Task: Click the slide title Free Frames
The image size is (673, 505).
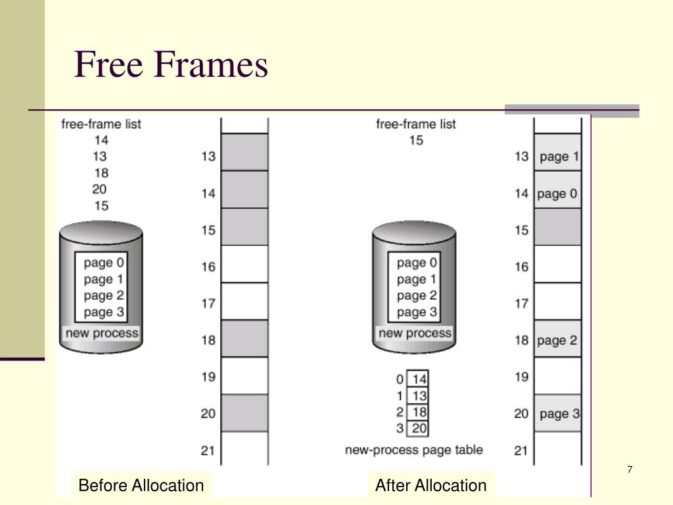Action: coord(172,66)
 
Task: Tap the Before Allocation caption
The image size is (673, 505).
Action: coord(141,486)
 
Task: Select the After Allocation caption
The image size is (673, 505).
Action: coord(430,486)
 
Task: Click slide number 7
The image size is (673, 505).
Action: coord(630,469)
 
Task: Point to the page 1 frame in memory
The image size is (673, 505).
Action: coord(558,156)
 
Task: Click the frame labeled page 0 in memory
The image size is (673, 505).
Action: coord(558,193)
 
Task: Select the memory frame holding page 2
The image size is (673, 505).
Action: coord(558,340)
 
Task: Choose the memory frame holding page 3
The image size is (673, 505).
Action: coord(558,414)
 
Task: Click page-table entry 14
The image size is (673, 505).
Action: coord(419,379)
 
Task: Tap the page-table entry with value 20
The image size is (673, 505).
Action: coord(419,429)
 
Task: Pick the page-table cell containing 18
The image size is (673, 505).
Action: coord(419,412)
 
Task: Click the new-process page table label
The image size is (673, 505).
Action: coord(414,450)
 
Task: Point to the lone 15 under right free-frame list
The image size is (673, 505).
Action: coord(416,140)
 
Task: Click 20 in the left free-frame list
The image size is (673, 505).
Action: coord(101,189)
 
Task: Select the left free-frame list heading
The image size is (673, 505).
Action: coord(101,124)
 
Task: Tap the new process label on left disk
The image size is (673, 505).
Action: coord(102,333)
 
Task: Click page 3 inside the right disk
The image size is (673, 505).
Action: coord(417,312)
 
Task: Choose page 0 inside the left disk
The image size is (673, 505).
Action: coord(104,263)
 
